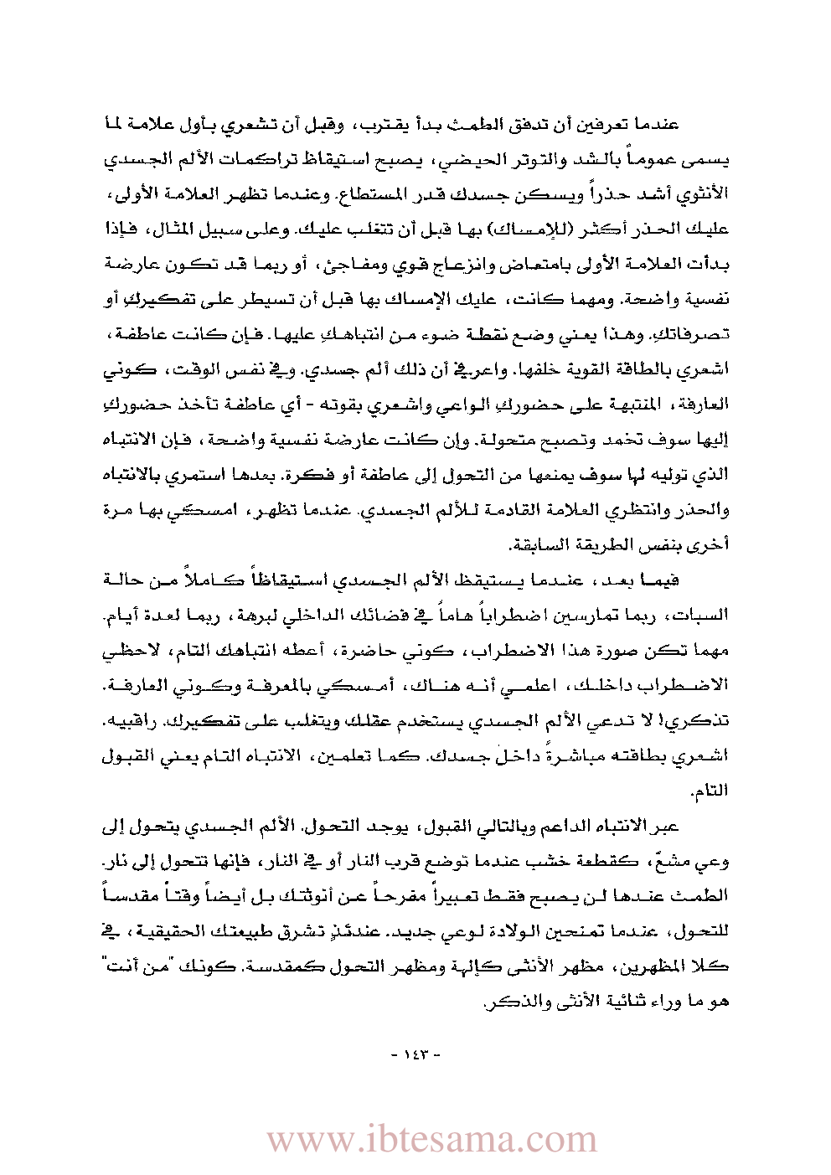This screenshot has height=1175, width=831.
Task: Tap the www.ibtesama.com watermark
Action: [x=431, y=1140]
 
